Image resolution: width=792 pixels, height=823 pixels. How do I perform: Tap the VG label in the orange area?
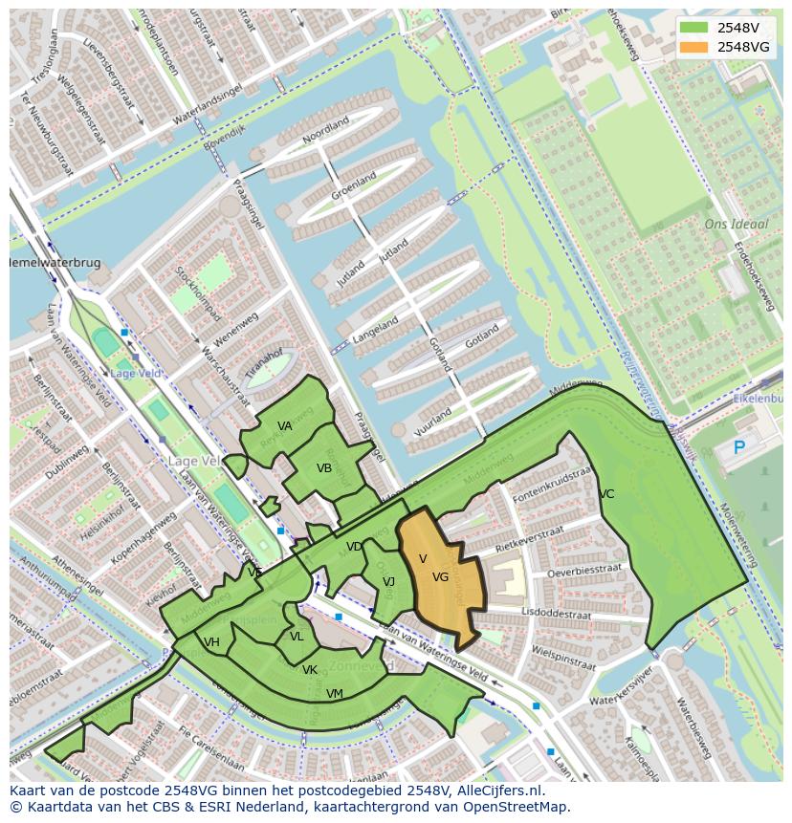(x=440, y=577)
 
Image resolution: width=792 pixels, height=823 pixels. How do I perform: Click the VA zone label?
(x=285, y=426)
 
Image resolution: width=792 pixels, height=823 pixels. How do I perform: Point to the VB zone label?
(x=324, y=468)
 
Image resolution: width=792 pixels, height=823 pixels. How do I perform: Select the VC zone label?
(x=606, y=494)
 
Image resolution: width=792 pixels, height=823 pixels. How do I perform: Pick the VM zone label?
(x=335, y=694)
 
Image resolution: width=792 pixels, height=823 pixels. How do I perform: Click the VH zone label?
(x=211, y=642)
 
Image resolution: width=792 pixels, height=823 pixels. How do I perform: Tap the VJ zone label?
(x=388, y=581)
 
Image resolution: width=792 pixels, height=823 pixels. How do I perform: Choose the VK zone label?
(x=310, y=670)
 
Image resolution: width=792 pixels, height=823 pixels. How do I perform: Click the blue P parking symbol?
(x=738, y=447)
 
